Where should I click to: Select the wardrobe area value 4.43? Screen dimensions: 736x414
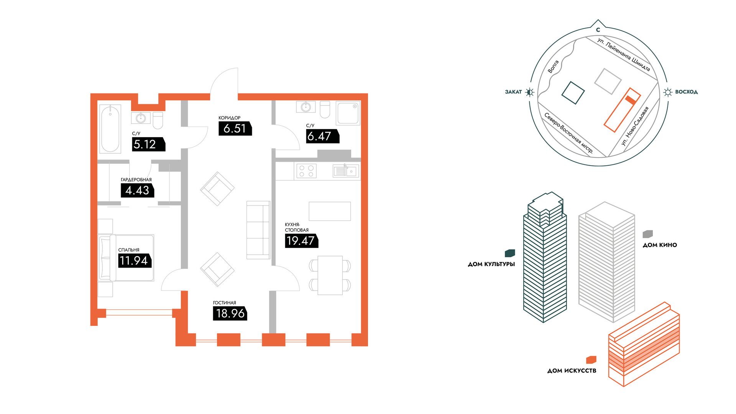tap(137, 190)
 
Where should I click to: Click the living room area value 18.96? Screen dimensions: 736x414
tap(230, 314)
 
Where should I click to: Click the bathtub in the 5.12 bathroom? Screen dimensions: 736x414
tap(110, 129)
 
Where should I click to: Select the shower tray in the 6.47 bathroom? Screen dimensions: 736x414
tap(348, 113)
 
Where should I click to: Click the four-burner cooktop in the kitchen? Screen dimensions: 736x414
tap(306, 171)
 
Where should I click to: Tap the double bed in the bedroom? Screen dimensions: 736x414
tap(127, 258)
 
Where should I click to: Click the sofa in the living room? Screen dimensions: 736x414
tap(258, 230)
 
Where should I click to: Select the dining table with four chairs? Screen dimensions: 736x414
tap(330, 275)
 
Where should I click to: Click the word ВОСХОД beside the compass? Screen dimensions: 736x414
tap(686, 92)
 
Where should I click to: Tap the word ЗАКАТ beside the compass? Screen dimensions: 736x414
tap(513, 92)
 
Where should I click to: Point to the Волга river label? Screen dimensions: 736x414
tap(553, 67)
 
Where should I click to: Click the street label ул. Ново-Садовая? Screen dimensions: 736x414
tap(635, 126)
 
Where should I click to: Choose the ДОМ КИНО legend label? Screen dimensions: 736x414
tap(660, 245)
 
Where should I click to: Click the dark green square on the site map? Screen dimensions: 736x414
tap(573, 93)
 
